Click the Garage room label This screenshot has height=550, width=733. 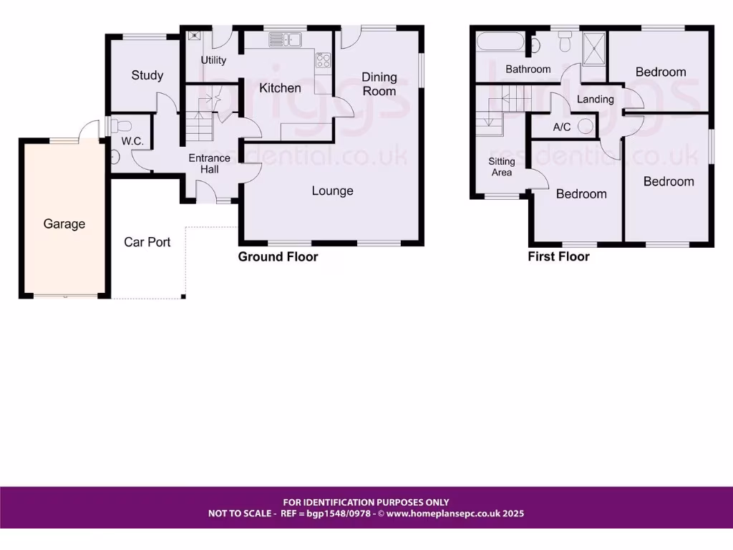(x=64, y=224)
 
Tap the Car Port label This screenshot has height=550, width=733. (x=147, y=242)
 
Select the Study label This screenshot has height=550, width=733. (x=147, y=75)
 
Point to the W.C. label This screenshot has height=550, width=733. (x=132, y=142)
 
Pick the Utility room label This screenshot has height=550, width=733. (x=213, y=60)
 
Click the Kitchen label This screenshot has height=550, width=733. (x=280, y=88)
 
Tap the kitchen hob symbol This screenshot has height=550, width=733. (x=323, y=61)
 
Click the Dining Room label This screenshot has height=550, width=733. (x=379, y=84)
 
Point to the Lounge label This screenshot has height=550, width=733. (x=333, y=190)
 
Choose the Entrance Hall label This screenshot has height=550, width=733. (x=209, y=163)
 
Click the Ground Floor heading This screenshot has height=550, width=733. (x=278, y=256)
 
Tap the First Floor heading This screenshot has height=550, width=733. (x=558, y=256)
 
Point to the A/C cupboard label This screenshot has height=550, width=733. (x=561, y=127)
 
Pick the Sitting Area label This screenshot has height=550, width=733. (x=502, y=167)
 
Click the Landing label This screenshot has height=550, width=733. (x=595, y=99)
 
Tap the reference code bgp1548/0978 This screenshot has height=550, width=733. (x=341, y=513)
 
